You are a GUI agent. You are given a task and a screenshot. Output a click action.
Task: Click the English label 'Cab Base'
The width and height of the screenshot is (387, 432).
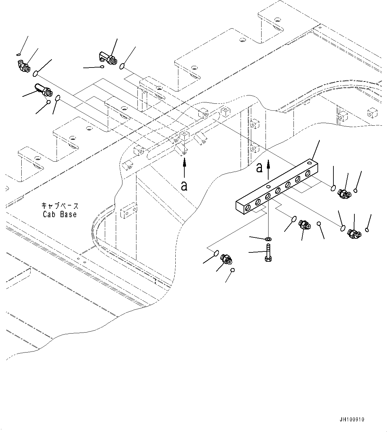tap(60, 215)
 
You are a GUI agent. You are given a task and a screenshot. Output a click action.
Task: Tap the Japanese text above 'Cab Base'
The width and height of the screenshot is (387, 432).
tap(60, 206)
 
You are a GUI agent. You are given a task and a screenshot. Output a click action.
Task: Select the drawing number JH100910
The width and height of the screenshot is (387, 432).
tap(352, 419)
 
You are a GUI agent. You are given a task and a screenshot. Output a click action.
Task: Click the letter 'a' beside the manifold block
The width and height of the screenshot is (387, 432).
tap(259, 168)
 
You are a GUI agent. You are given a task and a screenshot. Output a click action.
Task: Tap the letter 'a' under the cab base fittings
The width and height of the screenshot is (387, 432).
tap(184, 186)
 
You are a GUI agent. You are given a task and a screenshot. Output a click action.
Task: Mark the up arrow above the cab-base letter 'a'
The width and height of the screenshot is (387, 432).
tap(184, 168)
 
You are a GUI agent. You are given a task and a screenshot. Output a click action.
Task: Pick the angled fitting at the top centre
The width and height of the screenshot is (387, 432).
tap(107, 57)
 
